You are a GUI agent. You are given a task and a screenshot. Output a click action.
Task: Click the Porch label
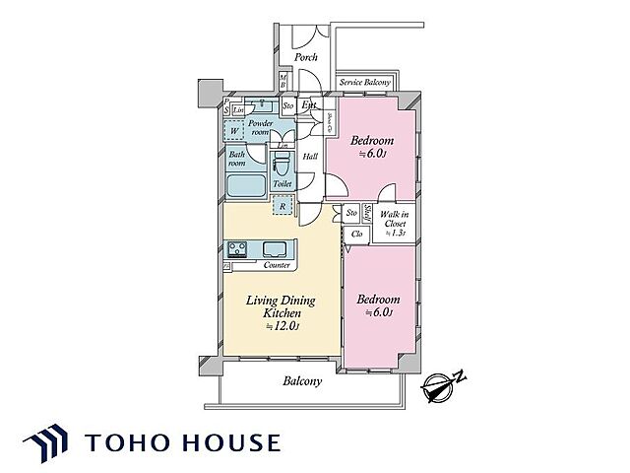tap(305, 57)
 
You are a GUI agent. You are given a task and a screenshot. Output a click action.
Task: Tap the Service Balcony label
tap(367, 84)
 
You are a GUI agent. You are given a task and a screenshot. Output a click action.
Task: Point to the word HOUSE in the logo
tap(230, 441)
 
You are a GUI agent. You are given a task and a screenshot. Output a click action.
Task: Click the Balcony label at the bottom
tap(304, 381)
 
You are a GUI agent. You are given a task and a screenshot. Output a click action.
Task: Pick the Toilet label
tap(283, 184)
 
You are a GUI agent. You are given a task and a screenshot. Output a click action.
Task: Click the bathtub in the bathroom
tap(246, 185)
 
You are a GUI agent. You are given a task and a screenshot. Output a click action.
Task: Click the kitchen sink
tap(276, 248)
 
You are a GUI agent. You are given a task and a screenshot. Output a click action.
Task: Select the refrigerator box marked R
tap(283, 207)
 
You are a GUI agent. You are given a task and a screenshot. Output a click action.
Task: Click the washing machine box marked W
tap(235, 131)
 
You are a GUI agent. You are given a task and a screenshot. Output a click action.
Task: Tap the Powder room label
tap(261, 128)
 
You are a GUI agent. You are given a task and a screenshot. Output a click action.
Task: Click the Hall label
tap(309, 157)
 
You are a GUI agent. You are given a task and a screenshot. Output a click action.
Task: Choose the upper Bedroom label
tap(375, 142)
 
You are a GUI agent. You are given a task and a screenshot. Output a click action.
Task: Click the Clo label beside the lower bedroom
tap(357, 234)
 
